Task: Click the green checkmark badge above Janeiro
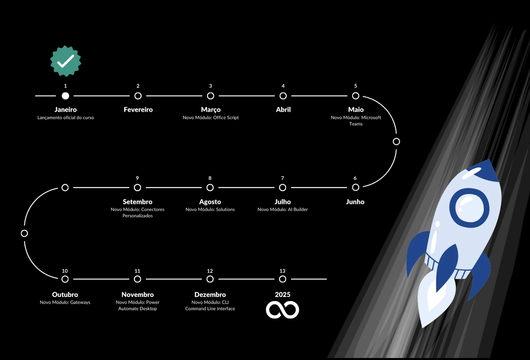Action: (x=66, y=61)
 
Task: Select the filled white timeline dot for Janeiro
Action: (x=66, y=96)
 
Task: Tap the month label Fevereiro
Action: (x=138, y=110)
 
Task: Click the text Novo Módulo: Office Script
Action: (x=211, y=118)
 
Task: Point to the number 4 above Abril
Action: (x=283, y=86)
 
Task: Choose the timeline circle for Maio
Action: (x=355, y=96)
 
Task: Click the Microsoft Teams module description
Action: (x=356, y=121)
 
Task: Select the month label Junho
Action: (x=355, y=202)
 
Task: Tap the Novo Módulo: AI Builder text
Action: (x=283, y=209)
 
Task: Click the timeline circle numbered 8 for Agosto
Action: (x=210, y=187)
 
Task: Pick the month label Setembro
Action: (x=137, y=202)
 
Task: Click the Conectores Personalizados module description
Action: (x=137, y=212)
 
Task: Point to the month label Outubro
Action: (x=65, y=294)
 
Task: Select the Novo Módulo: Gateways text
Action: (x=65, y=302)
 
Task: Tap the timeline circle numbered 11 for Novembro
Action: (x=137, y=279)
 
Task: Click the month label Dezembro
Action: (x=210, y=294)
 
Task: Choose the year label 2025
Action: (x=283, y=294)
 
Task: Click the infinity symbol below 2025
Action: (x=283, y=310)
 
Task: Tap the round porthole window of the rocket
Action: (x=469, y=208)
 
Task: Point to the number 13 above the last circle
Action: (x=282, y=271)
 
